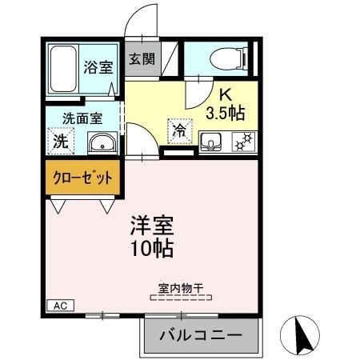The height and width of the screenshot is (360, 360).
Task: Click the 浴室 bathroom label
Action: pos(99,68)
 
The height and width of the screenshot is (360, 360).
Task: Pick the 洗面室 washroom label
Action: pos(82,118)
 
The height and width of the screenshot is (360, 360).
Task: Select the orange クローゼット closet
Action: pos(83,178)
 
